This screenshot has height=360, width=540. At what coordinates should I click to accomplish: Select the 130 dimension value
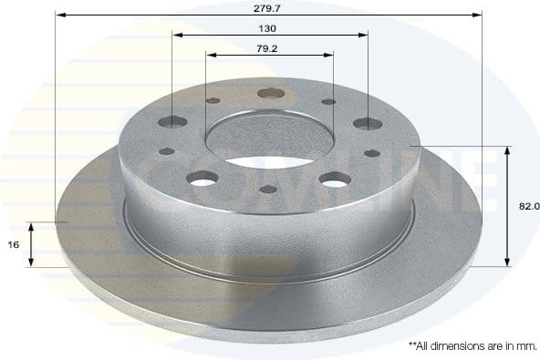269,27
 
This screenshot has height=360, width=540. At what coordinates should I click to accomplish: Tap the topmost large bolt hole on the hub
270,93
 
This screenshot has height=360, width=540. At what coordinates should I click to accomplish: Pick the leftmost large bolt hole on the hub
172,121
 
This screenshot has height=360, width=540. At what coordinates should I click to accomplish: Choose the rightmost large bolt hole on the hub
368,123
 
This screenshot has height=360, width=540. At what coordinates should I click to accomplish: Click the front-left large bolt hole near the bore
202,179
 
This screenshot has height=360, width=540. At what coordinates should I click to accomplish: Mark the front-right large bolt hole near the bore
335,179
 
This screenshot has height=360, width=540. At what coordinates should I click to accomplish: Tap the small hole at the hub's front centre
268,190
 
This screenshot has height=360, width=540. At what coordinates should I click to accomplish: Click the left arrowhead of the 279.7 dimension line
59,15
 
